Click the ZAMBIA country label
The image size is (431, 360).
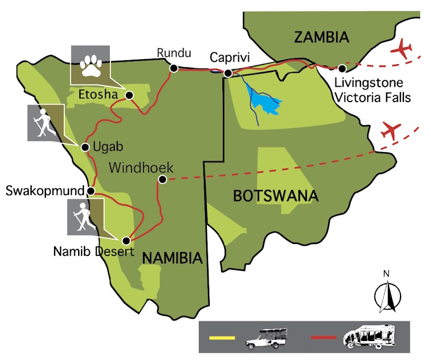coord(322,38)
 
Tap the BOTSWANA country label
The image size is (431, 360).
coord(275,196)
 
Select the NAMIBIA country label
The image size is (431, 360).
coord(172,258)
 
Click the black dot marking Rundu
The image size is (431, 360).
coord(173,68)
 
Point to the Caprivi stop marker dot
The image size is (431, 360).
coord(228,73)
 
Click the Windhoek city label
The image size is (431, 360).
coord(141,168)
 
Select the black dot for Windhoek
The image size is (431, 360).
coord(163,180)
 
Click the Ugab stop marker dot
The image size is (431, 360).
coord(85,147)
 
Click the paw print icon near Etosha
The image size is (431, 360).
coord(90,65)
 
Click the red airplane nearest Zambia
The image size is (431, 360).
coord(402,49)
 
